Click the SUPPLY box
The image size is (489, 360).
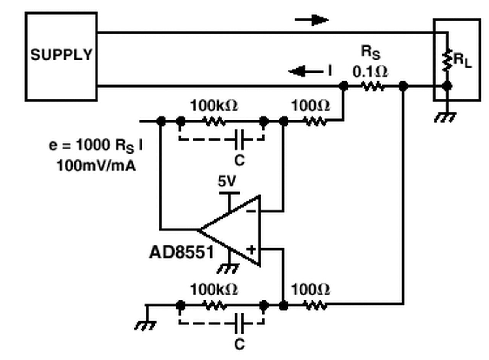pyautogui.click(x=61, y=56)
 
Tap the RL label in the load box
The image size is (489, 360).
pyautogui.click(x=463, y=60)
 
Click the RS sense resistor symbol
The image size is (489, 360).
pyautogui.click(x=373, y=87)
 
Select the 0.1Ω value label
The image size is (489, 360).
pyautogui.click(x=370, y=71)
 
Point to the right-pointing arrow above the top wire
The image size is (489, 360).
pyautogui.click(x=312, y=20)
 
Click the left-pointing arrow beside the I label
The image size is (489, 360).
pyautogui.click(x=304, y=71)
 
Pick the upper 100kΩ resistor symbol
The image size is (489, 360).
pyautogui.click(x=214, y=122)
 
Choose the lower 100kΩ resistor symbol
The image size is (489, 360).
pyautogui.click(x=214, y=305)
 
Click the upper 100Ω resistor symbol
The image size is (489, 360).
pyautogui.click(x=315, y=122)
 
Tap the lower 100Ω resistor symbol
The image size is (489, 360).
pyautogui.click(x=315, y=305)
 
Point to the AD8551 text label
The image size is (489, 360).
pyautogui.click(x=181, y=252)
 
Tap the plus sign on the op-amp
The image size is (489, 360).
pyautogui.click(x=251, y=250)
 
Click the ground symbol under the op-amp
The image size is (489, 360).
pyautogui.click(x=228, y=269)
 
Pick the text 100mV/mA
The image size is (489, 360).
pyautogui.click(x=96, y=166)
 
